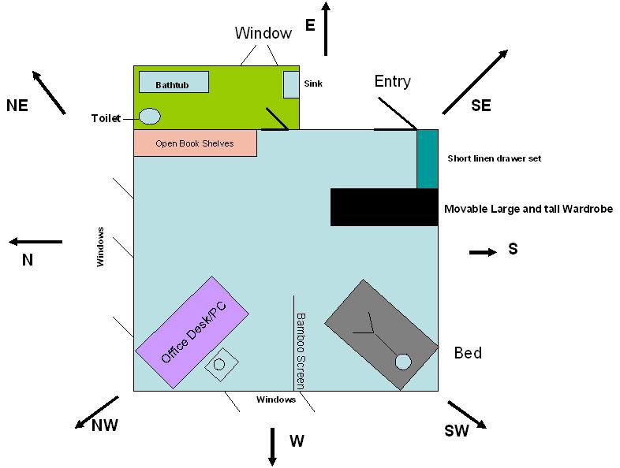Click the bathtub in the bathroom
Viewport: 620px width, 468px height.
click(x=174, y=82)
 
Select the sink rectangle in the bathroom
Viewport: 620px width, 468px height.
click(x=291, y=84)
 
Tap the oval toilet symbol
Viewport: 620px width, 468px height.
click(x=150, y=117)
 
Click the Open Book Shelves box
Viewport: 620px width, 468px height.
click(x=195, y=143)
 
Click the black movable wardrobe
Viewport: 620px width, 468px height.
click(x=383, y=207)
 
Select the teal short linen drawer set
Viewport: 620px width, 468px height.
click(x=427, y=159)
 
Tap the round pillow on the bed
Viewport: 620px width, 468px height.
click(x=403, y=362)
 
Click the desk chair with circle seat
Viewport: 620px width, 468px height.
click(x=220, y=364)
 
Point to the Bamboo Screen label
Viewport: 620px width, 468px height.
click(x=300, y=351)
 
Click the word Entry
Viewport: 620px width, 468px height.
click(x=392, y=81)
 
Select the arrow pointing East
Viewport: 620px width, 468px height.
click(x=327, y=28)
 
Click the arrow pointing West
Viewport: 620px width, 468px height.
click(x=272, y=447)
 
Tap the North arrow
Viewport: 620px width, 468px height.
click(x=35, y=242)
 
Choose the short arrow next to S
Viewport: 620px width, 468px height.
click(x=483, y=252)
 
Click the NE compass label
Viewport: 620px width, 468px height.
click(x=17, y=106)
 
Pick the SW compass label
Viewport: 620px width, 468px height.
click(x=457, y=431)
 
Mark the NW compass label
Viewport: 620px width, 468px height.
click(x=105, y=425)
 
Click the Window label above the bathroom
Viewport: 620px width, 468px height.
click(x=263, y=33)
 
